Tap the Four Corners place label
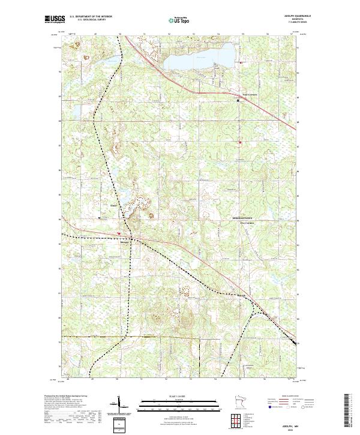248,94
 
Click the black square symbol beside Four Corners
238,100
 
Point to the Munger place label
124,243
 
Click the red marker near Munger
119,233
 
